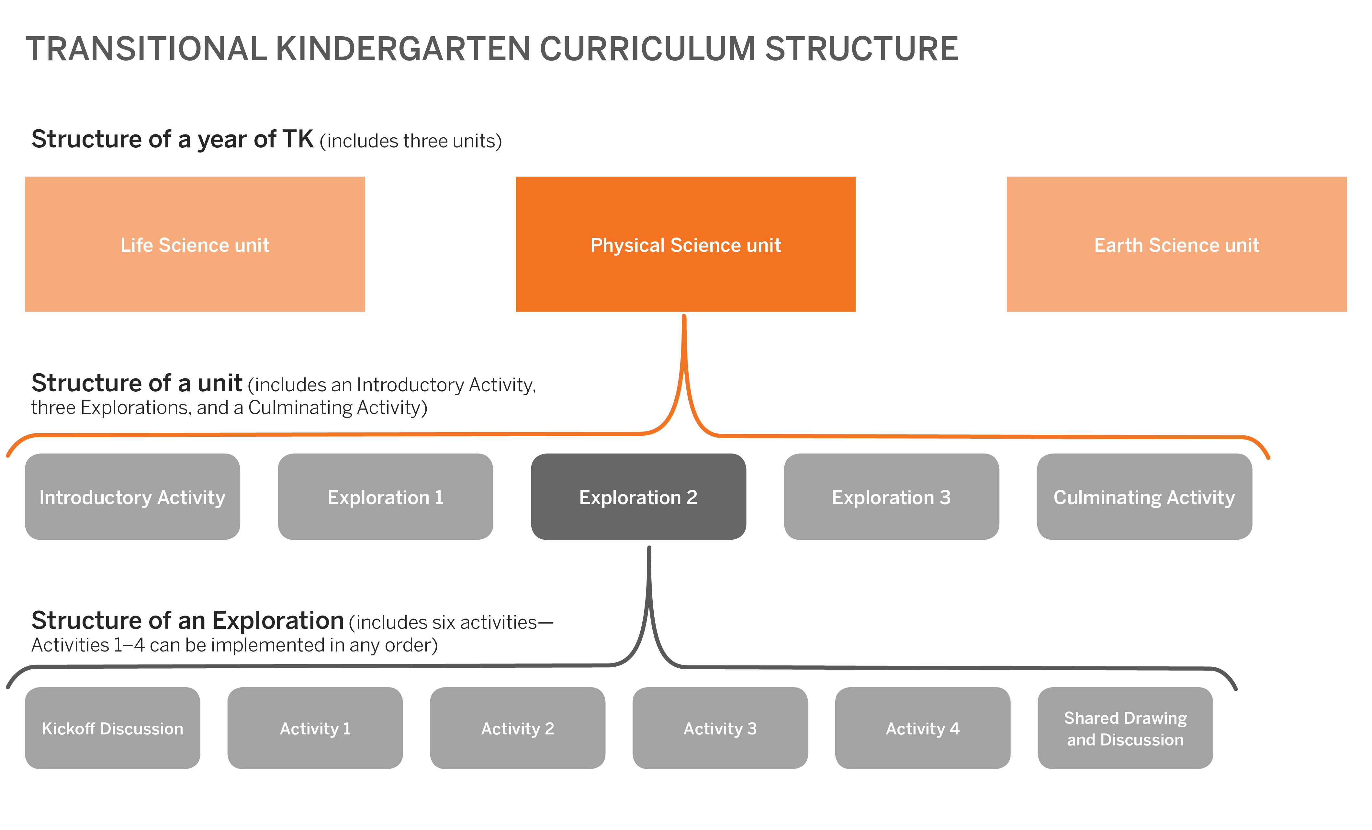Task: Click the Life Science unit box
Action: pos(195,244)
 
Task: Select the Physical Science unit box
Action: pos(685,244)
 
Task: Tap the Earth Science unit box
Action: pos(1176,244)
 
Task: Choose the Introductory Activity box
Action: pos(132,496)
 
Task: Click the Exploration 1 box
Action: pos(385,496)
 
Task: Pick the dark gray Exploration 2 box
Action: pos(639,496)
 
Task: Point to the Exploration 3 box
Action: pos(892,496)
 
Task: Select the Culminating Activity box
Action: pos(1145,496)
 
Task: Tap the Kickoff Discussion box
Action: pos(112,728)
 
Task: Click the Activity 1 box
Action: pos(315,728)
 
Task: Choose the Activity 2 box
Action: pos(518,728)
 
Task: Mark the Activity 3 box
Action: pos(721,728)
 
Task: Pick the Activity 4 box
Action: pos(923,728)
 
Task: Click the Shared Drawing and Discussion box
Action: pos(1125,728)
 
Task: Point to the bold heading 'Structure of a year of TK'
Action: pos(173,139)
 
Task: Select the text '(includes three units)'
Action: pos(411,141)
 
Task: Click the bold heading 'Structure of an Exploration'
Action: pos(188,620)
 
